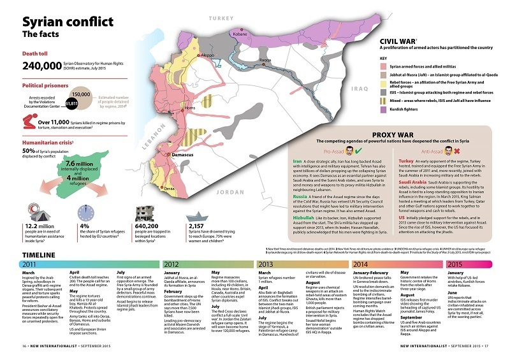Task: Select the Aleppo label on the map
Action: point(207,55)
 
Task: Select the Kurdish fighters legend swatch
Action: point(384,109)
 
